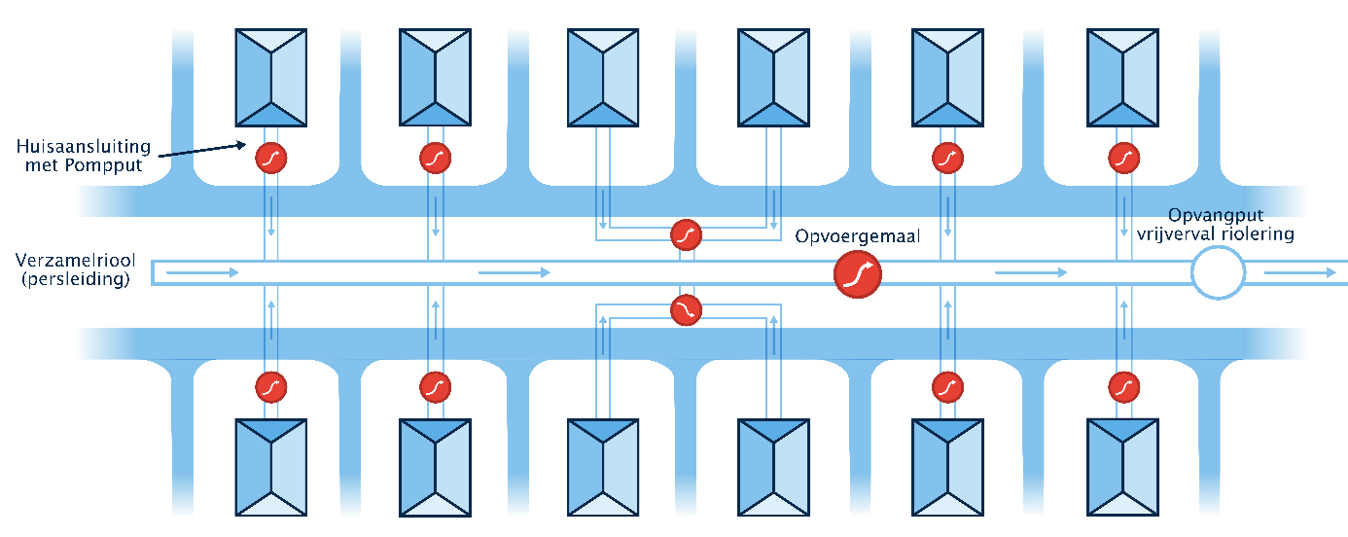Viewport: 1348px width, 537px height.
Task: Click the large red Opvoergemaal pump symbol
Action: pyautogui.click(x=858, y=274)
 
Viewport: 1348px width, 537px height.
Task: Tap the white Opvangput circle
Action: pyautogui.click(x=1218, y=272)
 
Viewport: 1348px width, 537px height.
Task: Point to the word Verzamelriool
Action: pyautogui.click(x=75, y=260)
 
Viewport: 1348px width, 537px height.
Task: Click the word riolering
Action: pyautogui.click(x=1260, y=233)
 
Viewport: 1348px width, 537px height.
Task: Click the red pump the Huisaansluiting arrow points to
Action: pyautogui.click(x=271, y=157)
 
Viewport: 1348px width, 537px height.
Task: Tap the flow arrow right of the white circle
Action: pyautogui.click(x=1300, y=273)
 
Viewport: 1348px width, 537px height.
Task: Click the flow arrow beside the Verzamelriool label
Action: pyautogui.click(x=201, y=273)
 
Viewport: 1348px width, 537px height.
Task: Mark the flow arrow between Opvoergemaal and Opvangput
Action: pyautogui.click(x=1031, y=273)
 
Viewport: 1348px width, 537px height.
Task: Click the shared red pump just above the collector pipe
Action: pyautogui.click(x=687, y=234)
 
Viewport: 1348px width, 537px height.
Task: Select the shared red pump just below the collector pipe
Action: pyautogui.click(x=687, y=309)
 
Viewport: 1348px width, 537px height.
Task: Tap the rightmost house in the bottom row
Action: pyautogui.click(x=1124, y=467)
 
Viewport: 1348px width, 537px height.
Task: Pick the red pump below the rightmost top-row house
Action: pyautogui.click(x=1124, y=157)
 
